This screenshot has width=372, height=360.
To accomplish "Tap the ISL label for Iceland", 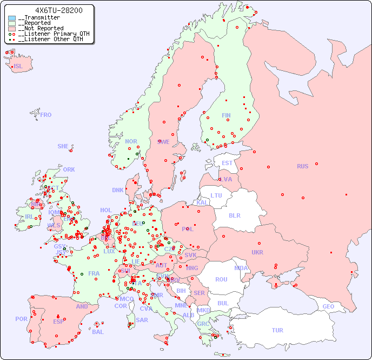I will (x=18, y=67).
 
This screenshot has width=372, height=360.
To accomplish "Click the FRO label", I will (x=46, y=115).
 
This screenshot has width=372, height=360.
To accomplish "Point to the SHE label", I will (x=63, y=146).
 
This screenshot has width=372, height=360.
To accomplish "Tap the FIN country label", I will (x=226, y=115).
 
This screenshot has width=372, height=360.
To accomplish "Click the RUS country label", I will (x=302, y=166).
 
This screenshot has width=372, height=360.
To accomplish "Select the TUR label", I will (x=277, y=330).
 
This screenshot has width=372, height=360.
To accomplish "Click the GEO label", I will (x=328, y=306).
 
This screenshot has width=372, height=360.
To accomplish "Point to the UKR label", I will (x=257, y=252).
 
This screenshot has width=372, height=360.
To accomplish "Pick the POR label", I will (x=21, y=319).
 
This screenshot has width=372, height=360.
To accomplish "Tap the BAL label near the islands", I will (x=98, y=332).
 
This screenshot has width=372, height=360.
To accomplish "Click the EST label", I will (x=227, y=163).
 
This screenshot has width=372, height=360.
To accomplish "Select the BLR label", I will (x=234, y=215).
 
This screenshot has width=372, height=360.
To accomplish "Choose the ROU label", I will (x=221, y=279).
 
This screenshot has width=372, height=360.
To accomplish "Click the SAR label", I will (x=142, y=320).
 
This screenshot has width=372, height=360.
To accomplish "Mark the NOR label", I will (x=131, y=141).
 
